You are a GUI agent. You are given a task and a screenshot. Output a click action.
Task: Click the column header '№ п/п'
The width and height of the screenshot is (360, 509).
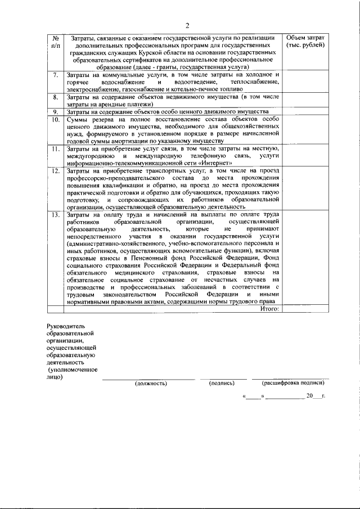click(x=55, y=41)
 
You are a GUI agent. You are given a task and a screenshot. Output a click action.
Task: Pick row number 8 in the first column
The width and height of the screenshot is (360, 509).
click(x=55, y=97)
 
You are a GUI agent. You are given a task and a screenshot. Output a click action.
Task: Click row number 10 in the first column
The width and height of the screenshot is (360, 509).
click(x=55, y=120)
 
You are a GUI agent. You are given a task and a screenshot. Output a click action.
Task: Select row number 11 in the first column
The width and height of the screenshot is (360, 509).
click(x=55, y=149)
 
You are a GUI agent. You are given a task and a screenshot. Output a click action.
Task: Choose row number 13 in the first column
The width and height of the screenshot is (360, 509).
click(x=55, y=215)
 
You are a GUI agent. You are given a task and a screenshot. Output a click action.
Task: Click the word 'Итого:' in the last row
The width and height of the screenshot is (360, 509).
click(x=269, y=308)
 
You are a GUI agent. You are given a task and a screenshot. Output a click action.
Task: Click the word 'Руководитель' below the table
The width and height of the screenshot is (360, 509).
click(x=66, y=326)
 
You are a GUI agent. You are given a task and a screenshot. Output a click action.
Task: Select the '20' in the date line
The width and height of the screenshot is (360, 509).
click(x=309, y=397)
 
